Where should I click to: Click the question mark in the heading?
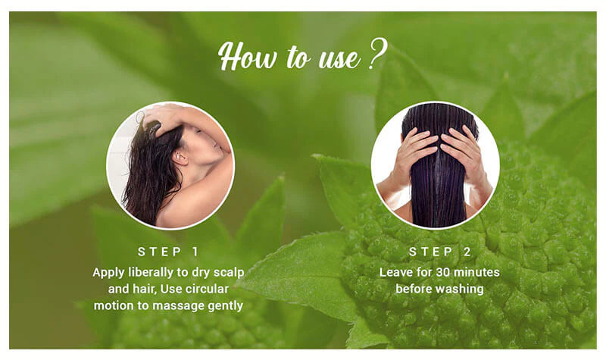(377, 54)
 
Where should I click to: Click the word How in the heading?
(248, 56)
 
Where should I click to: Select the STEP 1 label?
(168, 252)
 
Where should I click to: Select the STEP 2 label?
(440, 252)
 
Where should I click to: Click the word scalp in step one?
(230, 273)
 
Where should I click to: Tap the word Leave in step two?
(394, 272)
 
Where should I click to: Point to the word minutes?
(476, 272)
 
